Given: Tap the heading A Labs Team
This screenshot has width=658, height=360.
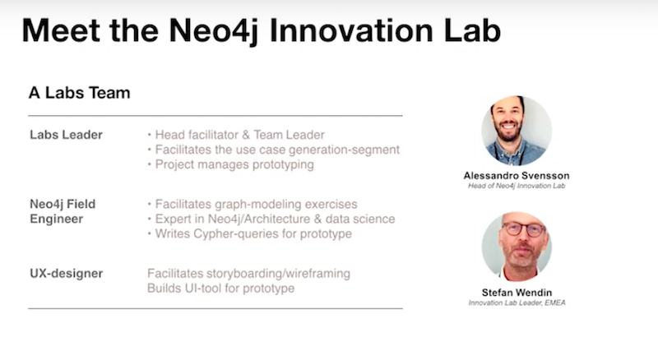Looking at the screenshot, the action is [79, 93].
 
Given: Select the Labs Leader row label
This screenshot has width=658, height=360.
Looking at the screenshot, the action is [67, 135].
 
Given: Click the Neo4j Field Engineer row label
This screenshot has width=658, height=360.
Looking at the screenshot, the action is [63, 211].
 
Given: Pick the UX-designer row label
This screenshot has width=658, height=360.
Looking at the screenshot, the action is [67, 274].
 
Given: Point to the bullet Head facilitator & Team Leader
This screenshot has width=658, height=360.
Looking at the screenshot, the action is [239, 135].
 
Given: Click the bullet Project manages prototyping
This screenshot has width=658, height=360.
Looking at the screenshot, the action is [234, 164].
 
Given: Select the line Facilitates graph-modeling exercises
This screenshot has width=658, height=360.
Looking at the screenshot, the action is [256, 205].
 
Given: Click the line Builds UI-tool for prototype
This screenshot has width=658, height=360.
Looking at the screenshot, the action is [220, 288].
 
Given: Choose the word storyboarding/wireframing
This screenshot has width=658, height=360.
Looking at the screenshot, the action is [278, 274].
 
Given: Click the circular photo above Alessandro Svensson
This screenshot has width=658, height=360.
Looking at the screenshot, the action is [517, 131].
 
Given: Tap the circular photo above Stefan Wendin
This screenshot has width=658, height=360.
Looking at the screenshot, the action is [517, 247].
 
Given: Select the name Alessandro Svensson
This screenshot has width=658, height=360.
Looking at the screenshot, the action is [517, 175].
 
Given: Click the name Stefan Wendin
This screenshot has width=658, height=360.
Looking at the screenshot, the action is [517, 293].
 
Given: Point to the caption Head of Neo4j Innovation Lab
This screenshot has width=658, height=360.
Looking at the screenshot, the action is [517, 186].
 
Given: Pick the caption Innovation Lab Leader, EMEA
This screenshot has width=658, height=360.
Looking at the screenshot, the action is [517, 302].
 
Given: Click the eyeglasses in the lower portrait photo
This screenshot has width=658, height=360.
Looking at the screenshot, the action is [524, 229].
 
